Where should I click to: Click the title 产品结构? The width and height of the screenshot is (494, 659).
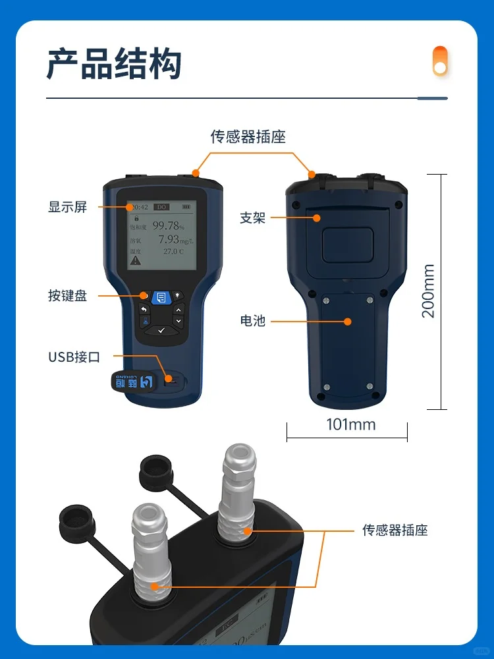tap(114, 64)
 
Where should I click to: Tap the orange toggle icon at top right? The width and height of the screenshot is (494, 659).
tap(439, 61)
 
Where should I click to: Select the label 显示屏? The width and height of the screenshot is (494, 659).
tap(67, 207)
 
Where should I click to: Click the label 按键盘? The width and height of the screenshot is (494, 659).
tap(67, 296)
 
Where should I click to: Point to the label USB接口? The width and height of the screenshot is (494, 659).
tap(74, 357)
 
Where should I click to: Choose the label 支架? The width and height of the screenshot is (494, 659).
tap(252, 218)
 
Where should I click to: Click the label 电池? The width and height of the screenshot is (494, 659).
tap(252, 321)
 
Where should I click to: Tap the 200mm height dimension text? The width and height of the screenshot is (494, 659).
tap(428, 291)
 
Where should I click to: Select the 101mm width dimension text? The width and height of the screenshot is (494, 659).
tap(351, 424)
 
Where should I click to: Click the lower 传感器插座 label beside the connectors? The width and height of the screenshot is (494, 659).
tap(395, 529)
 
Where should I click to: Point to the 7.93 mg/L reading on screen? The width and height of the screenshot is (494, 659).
tap(171, 239)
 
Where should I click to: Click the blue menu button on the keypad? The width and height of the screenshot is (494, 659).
tap(161, 298)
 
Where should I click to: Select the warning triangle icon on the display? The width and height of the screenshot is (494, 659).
tap(135, 260)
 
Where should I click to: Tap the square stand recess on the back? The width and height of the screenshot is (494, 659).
tap(346, 241)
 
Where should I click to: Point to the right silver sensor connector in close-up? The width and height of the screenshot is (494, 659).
tap(240, 488)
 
